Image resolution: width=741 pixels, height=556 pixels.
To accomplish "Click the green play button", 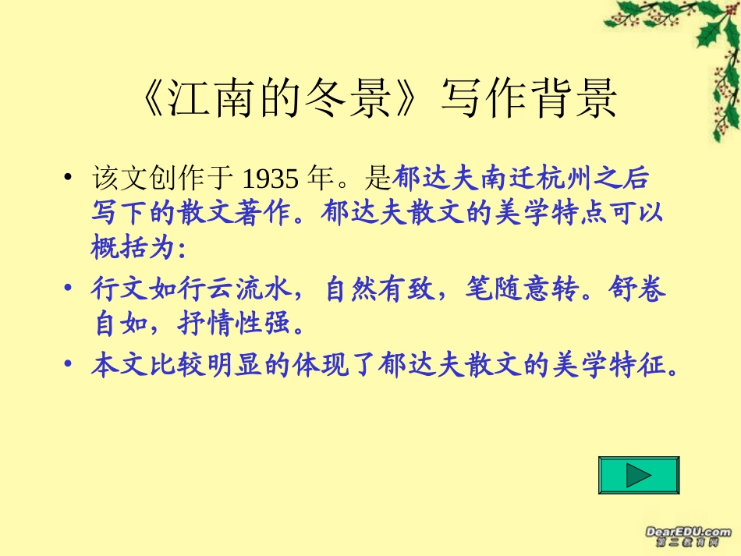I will pos(639,475).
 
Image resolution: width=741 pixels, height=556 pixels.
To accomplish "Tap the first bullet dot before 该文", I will pos(69,179).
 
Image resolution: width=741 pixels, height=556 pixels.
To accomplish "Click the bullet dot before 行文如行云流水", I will pos(69,289).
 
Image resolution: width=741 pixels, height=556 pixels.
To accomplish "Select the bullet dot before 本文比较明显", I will pos(69,363).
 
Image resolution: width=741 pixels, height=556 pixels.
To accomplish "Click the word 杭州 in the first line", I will pos(557,179).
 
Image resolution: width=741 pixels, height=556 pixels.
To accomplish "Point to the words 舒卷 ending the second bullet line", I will pos(645,289).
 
